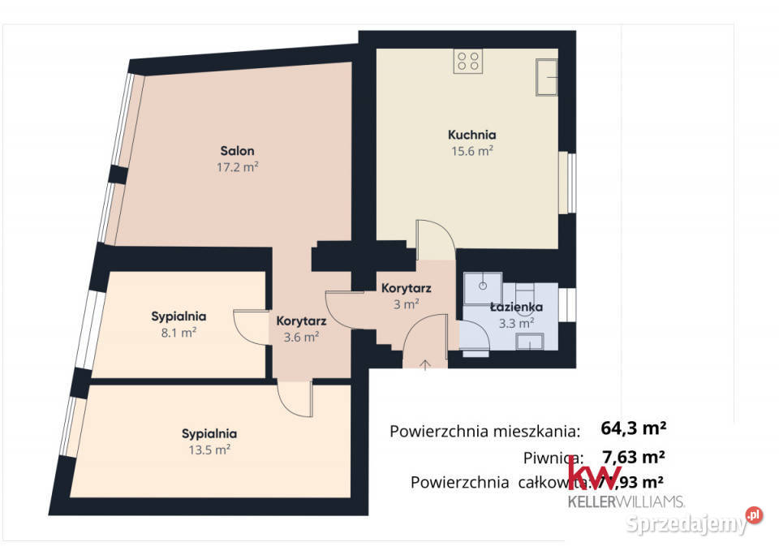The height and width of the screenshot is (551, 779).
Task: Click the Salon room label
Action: (238, 151)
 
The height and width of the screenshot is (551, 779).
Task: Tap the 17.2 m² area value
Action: (238, 167)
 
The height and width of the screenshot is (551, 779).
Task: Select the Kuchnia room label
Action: (471, 135)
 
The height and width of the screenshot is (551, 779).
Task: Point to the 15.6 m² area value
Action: (471, 150)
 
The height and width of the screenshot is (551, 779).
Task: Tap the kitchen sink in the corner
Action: (544, 78)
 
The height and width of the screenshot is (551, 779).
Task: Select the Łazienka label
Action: (515, 307)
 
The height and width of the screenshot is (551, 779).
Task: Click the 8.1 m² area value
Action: (179, 332)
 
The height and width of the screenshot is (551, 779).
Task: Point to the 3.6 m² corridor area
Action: (300, 337)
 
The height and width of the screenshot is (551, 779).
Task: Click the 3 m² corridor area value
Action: (406, 304)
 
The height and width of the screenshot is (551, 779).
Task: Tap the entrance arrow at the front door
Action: (425, 363)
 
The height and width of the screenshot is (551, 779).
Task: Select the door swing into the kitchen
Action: (434, 239)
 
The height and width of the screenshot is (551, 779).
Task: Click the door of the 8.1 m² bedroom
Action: (250, 327)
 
